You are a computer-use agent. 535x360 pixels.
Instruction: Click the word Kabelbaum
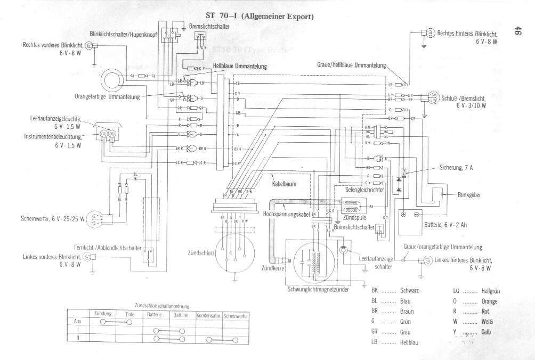tap(284, 184)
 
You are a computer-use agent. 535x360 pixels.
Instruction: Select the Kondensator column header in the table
tap(208, 316)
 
